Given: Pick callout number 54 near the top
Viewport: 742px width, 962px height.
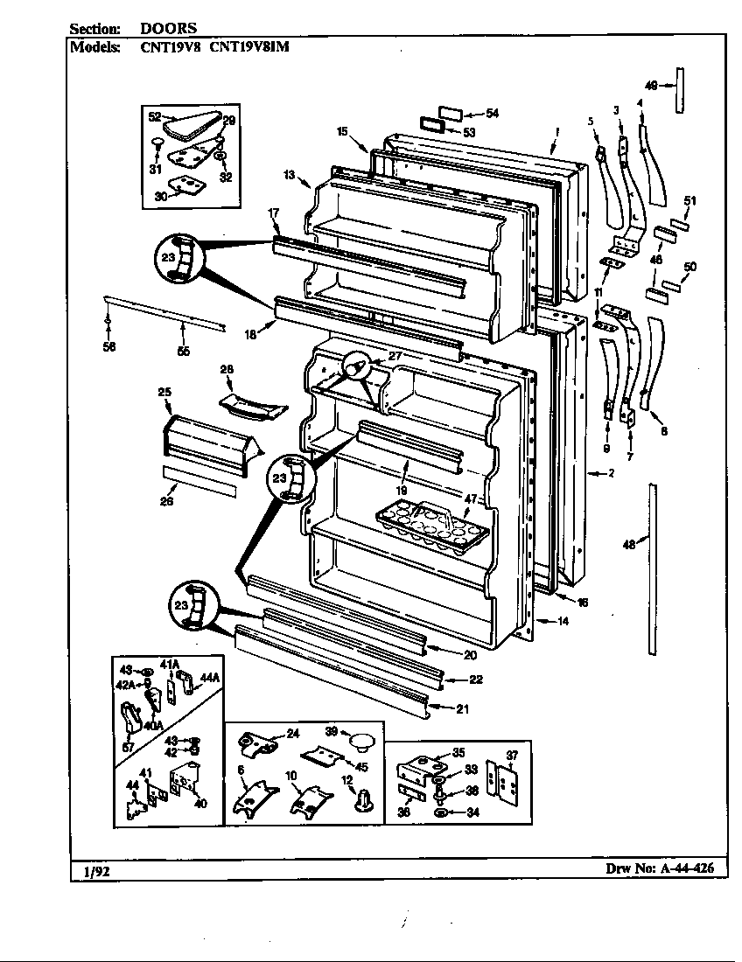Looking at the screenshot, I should point(492,114).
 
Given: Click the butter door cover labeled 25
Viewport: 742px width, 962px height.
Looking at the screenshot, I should point(206,439).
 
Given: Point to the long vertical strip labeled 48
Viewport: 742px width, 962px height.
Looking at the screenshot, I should point(652,568).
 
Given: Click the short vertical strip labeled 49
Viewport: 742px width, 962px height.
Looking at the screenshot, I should point(678,87).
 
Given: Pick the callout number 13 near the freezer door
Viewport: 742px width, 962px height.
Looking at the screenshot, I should point(288,176).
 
